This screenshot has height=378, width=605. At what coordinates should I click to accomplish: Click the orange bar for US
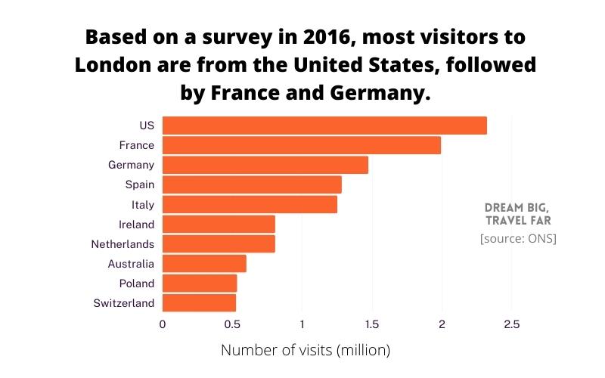(x=324, y=125)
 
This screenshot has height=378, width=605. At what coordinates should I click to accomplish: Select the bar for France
(x=301, y=145)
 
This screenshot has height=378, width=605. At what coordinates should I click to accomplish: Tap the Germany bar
(x=265, y=165)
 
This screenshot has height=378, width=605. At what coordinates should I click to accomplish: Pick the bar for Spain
(x=252, y=184)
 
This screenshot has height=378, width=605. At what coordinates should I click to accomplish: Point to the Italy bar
(x=250, y=204)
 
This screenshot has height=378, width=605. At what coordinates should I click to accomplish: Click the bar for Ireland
(x=219, y=225)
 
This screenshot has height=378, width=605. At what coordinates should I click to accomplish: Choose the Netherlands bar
(x=219, y=244)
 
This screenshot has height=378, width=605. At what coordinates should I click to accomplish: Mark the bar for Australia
(x=204, y=264)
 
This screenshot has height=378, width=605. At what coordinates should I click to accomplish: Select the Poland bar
(x=200, y=283)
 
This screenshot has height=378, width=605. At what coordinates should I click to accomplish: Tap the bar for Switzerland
(x=199, y=303)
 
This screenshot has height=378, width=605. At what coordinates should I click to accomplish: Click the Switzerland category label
(x=124, y=303)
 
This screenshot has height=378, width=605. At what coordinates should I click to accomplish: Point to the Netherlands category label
(x=123, y=244)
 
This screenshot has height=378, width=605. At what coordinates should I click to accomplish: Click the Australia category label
(x=131, y=264)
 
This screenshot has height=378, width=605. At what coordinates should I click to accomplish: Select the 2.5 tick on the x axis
(x=511, y=324)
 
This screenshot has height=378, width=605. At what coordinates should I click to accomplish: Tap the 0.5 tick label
(x=232, y=324)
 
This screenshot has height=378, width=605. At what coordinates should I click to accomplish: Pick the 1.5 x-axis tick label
(x=372, y=324)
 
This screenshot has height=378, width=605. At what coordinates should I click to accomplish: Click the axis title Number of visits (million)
(x=305, y=351)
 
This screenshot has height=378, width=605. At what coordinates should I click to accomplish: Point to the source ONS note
(x=518, y=239)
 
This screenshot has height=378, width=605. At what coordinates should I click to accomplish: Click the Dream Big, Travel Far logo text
(x=518, y=214)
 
